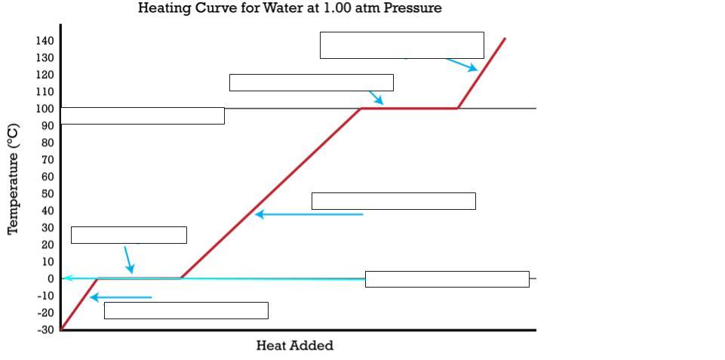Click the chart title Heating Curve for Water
pyautogui.click(x=290, y=8)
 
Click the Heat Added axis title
pyautogui.click(x=294, y=346)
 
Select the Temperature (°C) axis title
pyautogui.click(x=13, y=180)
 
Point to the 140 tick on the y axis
pyautogui.click(x=45, y=41)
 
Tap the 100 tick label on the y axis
pyautogui.click(x=45, y=109)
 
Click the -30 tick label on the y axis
pyautogui.click(x=46, y=330)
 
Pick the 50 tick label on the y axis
pyautogui.click(x=48, y=194)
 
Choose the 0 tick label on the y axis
pyautogui.click(x=51, y=278)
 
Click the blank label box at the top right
pyautogui.click(x=401, y=45)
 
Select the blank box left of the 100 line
pyautogui.click(x=143, y=115)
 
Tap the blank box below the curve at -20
pyautogui.click(x=186, y=310)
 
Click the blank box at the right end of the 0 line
pyautogui.click(x=447, y=279)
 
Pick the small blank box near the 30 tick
pyautogui.click(x=128, y=235)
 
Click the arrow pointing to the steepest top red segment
pyautogui.click(x=461, y=64)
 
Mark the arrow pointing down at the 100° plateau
pyautogui.click(x=376, y=97)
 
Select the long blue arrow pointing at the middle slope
pyautogui.click(x=309, y=214)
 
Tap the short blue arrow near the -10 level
pyautogui.click(x=121, y=297)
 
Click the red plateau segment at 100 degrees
pyautogui.click(x=409, y=108)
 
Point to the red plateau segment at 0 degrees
pyautogui.click(x=140, y=278)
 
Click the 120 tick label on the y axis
pyautogui.click(x=45, y=75)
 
